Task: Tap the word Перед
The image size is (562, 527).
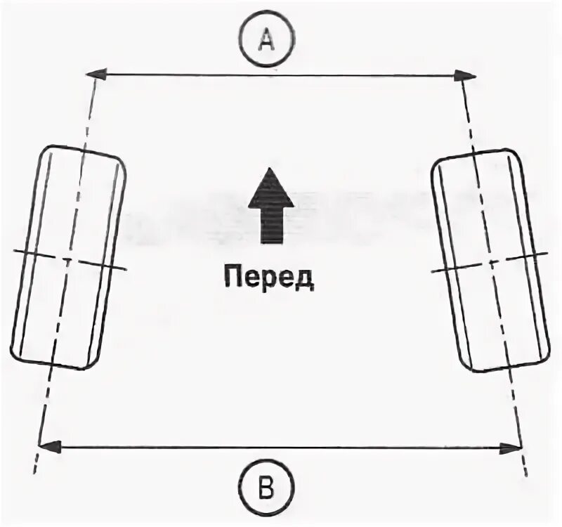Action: (x=269, y=278)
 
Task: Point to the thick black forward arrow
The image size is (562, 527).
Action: (x=270, y=207)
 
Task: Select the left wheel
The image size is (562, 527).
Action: (x=68, y=257)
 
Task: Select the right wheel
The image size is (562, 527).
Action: (x=490, y=261)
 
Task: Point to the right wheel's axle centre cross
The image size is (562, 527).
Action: (x=490, y=263)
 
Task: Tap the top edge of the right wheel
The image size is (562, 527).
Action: (x=474, y=153)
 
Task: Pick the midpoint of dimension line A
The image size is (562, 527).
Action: (x=281, y=74)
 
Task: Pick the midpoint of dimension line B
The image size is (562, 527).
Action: (x=281, y=445)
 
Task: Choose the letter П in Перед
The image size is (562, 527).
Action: (x=233, y=278)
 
